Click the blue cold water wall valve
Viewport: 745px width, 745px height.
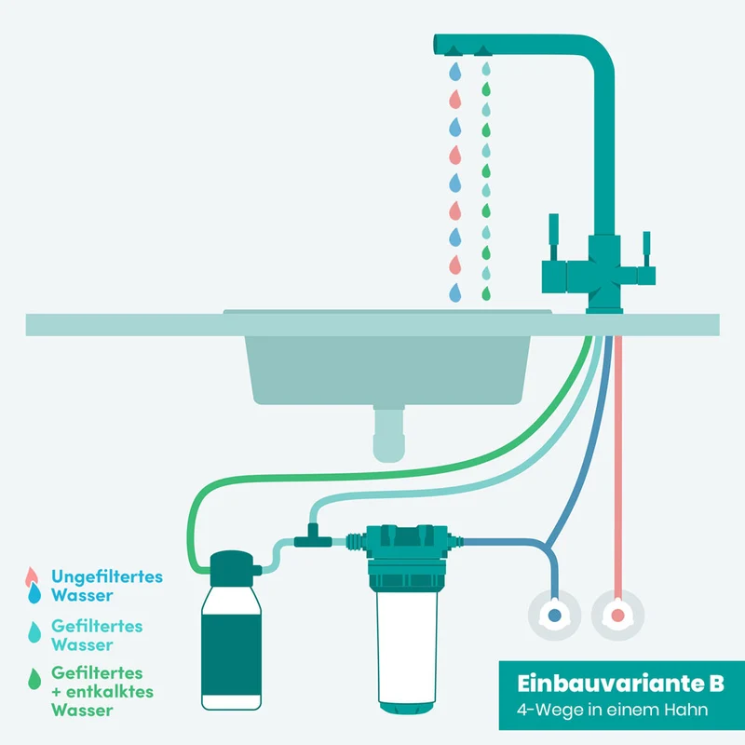coord(554,616)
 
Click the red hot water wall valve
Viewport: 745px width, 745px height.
coord(617,616)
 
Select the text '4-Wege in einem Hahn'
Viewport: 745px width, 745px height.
coord(612,710)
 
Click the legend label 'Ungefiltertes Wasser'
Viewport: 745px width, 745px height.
coord(107,586)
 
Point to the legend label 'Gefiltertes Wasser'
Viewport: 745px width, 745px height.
coord(97,635)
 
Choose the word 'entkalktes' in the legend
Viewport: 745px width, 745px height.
coord(110,692)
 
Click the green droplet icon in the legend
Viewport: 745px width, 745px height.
coord(34,679)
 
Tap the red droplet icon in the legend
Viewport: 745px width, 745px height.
coord(32,576)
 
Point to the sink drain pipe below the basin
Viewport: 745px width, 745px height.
coord(388,433)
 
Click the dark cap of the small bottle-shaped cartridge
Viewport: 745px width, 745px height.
coord(232,568)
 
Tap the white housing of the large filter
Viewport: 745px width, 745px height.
coord(407,647)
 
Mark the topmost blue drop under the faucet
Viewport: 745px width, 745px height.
coord(455,72)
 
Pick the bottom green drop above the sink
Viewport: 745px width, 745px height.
coord(485,293)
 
